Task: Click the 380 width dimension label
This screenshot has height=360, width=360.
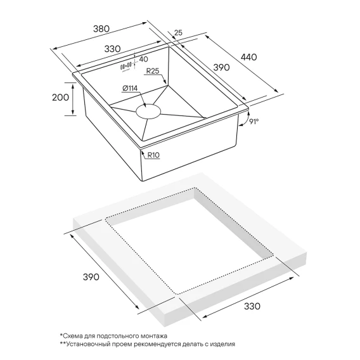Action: tap(101, 29)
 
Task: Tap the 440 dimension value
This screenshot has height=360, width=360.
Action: tap(248, 57)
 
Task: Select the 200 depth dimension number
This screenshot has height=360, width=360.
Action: tap(60, 98)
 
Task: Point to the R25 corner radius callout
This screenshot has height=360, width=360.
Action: tap(153, 71)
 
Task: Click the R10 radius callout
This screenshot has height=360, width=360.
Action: tap(153, 155)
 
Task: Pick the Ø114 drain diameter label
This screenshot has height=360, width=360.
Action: tap(130, 88)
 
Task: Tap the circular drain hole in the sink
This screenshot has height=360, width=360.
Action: tap(148, 112)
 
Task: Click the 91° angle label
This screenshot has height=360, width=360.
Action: tap(254, 121)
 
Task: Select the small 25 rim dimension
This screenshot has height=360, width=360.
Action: tap(178, 33)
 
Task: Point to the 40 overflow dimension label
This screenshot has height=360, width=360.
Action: tap(143, 59)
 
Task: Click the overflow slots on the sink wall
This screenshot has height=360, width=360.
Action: tap(126, 66)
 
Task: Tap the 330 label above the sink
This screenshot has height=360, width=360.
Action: tap(112, 49)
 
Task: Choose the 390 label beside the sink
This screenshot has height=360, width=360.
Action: tap(221, 67)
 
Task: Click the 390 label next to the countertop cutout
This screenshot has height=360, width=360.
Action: tap(91, 277)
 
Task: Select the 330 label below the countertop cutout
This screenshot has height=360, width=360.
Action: tap(252, 306)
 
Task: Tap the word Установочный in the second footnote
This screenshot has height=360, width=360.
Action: tap(82, 344)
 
